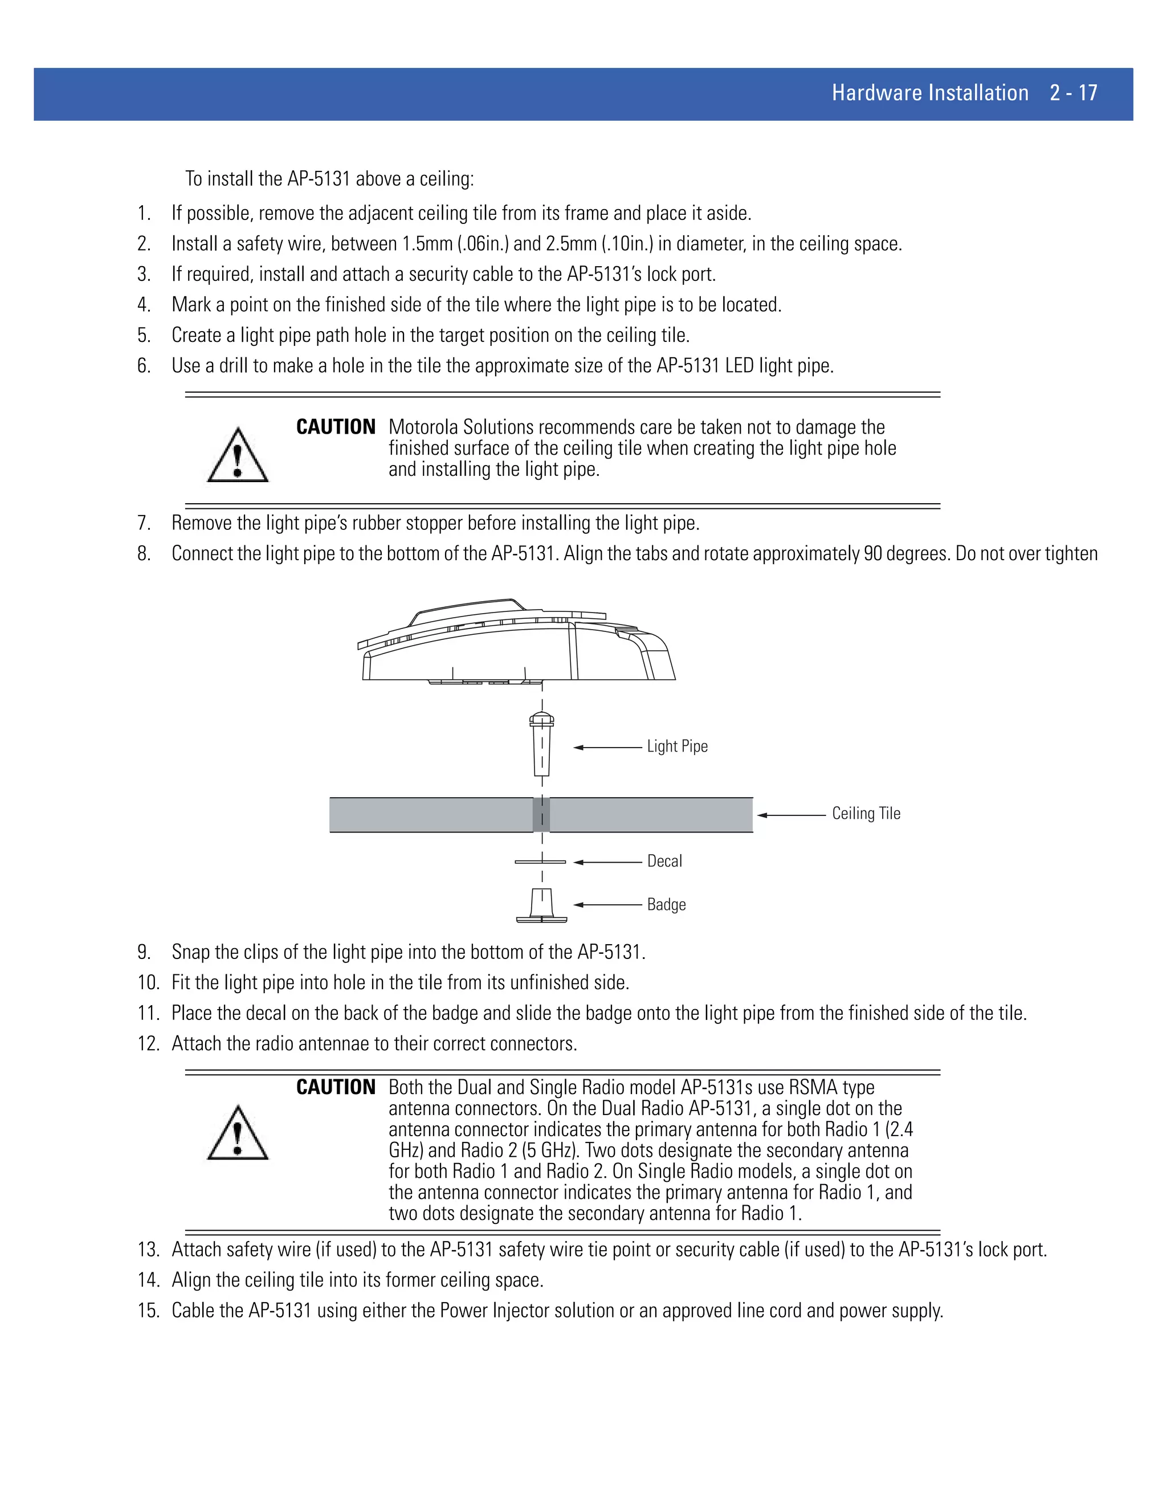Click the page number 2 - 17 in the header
pos(1073,93)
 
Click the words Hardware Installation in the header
pos(930,93)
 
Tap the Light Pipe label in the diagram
pos(677,746)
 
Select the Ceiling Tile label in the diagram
pos(866,813)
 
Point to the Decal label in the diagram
pos(664,861)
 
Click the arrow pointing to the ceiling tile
pos(791,815)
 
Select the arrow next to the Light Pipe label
pos(607,748)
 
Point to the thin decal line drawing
pos(540,862)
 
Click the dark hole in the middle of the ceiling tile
pos(541,814)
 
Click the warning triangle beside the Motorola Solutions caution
pos(237,456)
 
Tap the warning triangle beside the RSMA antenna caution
pos(237,1134)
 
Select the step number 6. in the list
pos(144,366)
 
